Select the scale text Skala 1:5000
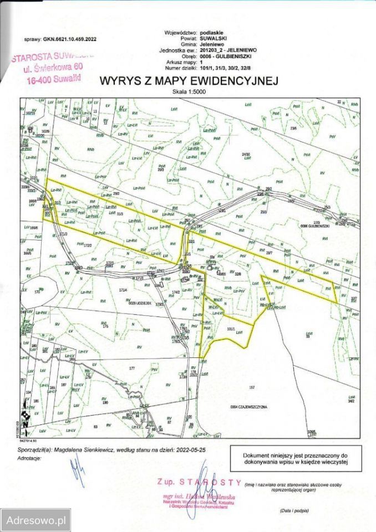[x=188, y=92]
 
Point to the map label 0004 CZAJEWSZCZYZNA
[x=248, y=406]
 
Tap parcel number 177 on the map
[x=131, y=368]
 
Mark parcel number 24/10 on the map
[x=246, y=154]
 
